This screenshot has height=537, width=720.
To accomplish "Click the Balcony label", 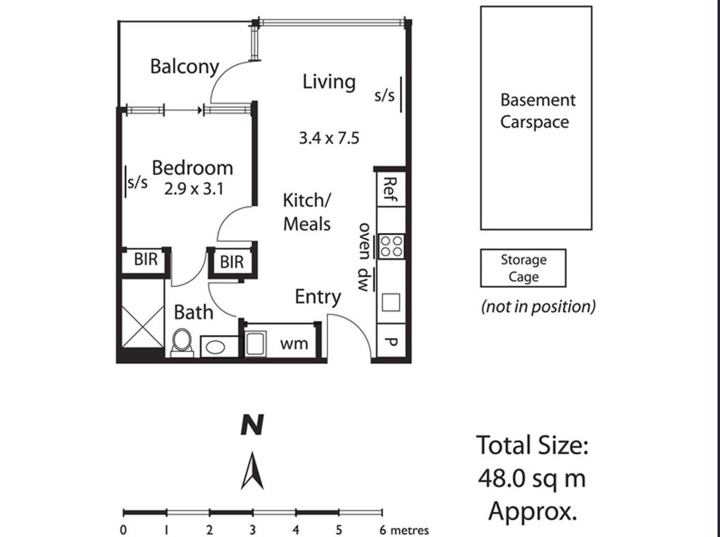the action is (x=184, y=67).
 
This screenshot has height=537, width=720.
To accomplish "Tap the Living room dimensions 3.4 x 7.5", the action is (x=329, y=138).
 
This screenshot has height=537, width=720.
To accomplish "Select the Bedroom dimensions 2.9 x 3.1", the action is (x=193, y=188).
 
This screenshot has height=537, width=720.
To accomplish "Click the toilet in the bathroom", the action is (x=182, y=343).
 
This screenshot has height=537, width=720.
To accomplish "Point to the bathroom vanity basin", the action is (x=214, y=347).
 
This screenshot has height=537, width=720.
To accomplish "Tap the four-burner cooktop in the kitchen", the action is (x=391, y=246).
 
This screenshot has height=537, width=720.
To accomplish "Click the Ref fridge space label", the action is (x=389, y=190).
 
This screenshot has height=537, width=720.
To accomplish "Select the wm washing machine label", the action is (x=294, y=344).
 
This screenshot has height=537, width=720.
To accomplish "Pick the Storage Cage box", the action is (x=523, y=268).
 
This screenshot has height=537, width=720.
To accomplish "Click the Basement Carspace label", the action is (x=537, y=111).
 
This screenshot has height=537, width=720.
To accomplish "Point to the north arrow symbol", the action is (x=252, y=470).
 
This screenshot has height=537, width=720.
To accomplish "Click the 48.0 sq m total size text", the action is (x=532, y=478).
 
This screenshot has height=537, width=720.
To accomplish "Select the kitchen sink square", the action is (x=390, y=302).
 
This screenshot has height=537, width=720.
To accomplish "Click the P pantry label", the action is (x=390, y=342).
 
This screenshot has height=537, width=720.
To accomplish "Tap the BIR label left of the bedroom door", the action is (x=146, y=260).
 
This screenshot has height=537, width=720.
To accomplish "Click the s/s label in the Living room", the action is (x=384, y=95).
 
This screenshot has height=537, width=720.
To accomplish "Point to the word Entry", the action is (x=318, y=297).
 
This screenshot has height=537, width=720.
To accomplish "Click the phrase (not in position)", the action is (x=538, y=307).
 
